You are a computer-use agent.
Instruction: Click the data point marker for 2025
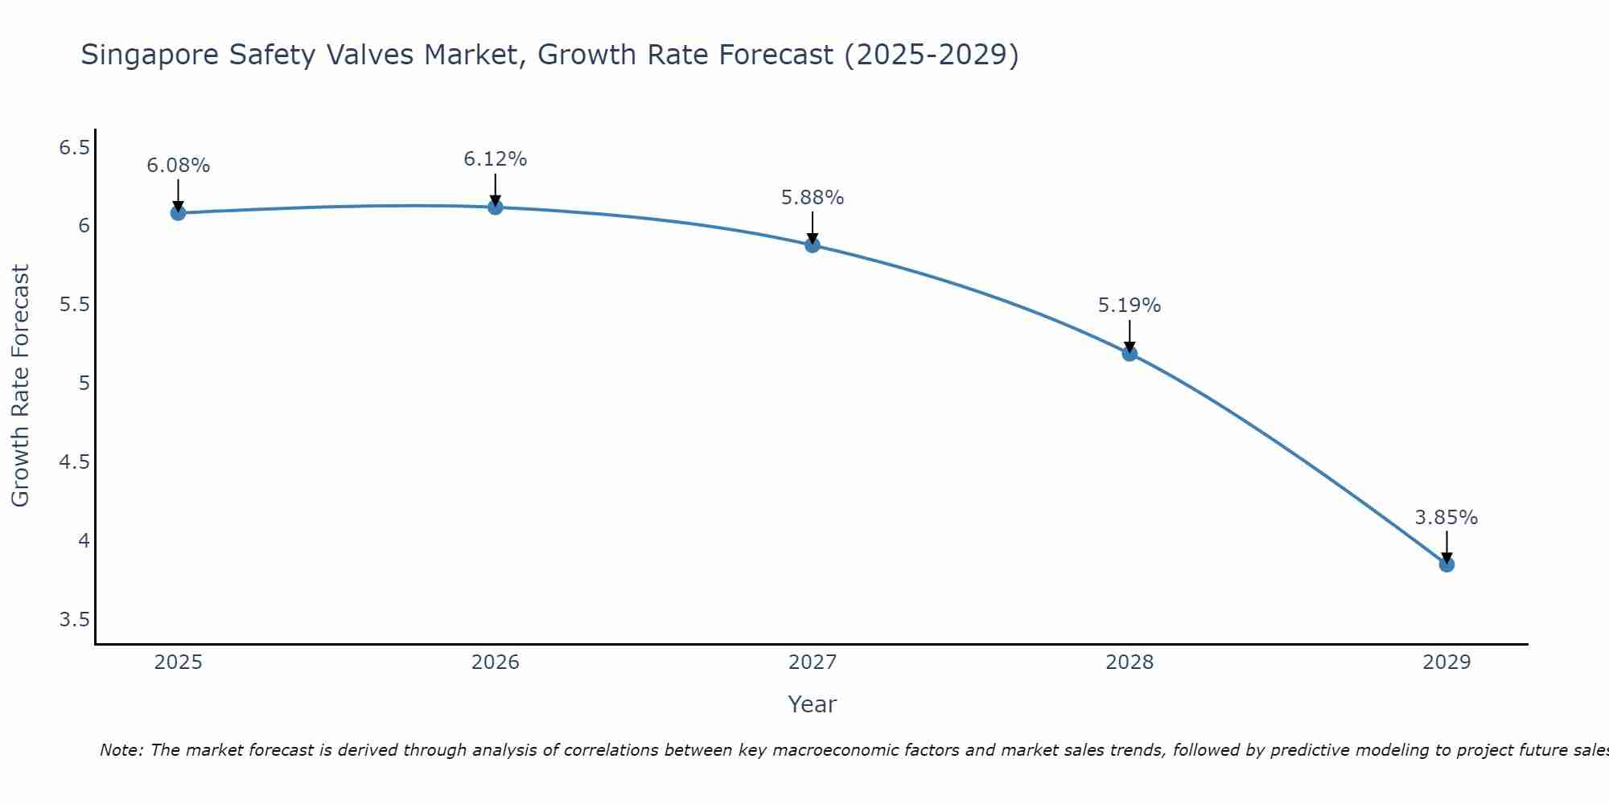point(178,213)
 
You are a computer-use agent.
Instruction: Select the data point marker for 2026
point(496,207)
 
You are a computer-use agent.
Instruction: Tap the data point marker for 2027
point(813,245)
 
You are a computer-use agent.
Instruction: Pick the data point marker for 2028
point(1130,354)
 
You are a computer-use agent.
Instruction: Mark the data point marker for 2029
point(1446,564)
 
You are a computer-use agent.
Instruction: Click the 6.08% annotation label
point(178,166)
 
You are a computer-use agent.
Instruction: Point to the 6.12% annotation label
point(496,159)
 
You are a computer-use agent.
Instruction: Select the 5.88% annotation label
point(813,198)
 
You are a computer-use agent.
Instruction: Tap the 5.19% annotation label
point(1130,306)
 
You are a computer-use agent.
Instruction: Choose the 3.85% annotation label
point(1446,518)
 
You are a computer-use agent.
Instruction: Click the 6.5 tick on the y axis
point(74,148)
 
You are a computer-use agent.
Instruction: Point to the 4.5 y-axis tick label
point(74,462)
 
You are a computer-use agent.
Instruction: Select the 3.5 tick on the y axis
point(74,620)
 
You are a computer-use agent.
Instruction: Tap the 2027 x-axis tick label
point(813,662)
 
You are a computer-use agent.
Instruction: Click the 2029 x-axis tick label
point(1446,662)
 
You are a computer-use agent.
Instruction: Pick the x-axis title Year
point(813,704)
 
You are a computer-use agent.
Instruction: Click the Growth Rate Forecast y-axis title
point(21,386)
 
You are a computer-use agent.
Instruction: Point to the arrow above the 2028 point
point(1130,336)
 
